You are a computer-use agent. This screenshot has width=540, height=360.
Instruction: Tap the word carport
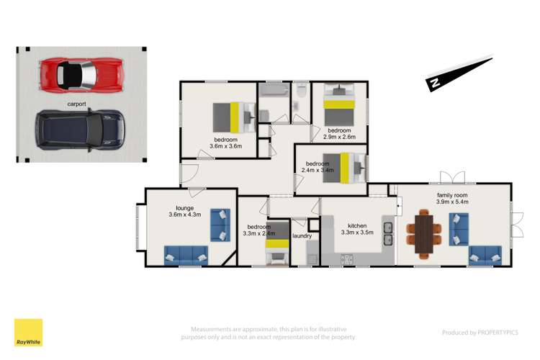click(x=78, y=104)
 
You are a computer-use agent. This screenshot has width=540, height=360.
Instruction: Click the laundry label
click(x=302, y=235)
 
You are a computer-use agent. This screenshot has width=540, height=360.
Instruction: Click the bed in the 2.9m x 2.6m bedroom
click(x=338, y=108)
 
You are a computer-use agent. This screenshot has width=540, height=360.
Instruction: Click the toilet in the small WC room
click(x=301, y=92)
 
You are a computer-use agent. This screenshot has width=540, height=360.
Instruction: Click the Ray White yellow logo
click(x=28, y=333)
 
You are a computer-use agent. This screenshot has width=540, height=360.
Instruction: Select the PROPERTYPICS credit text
click(x=480, y=333)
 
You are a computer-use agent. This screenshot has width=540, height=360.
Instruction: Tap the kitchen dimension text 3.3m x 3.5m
click(x=358, y=233)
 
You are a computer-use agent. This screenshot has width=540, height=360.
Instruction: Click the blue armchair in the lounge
click(x=220, y=224)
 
